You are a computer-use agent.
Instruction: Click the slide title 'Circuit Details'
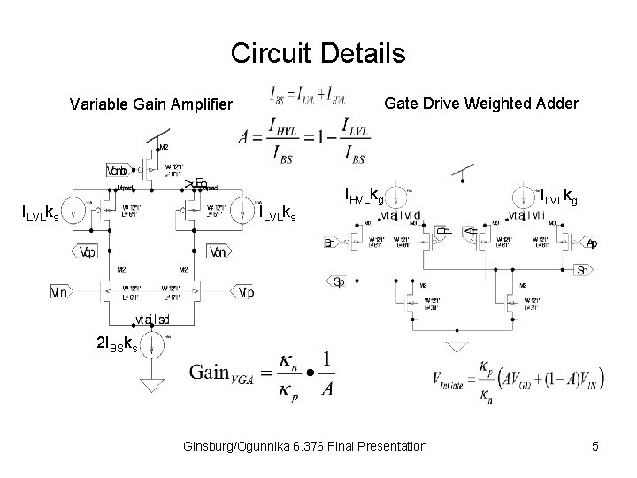tap(318, 53)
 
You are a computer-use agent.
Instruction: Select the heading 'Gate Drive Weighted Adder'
tap(481, 104)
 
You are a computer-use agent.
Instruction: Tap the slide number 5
tap(595, 447)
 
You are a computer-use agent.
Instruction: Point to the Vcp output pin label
tap(87, 251)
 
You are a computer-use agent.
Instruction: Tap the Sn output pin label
tap(585, 270)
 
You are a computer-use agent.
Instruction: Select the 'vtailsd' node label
tap(153, 319)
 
